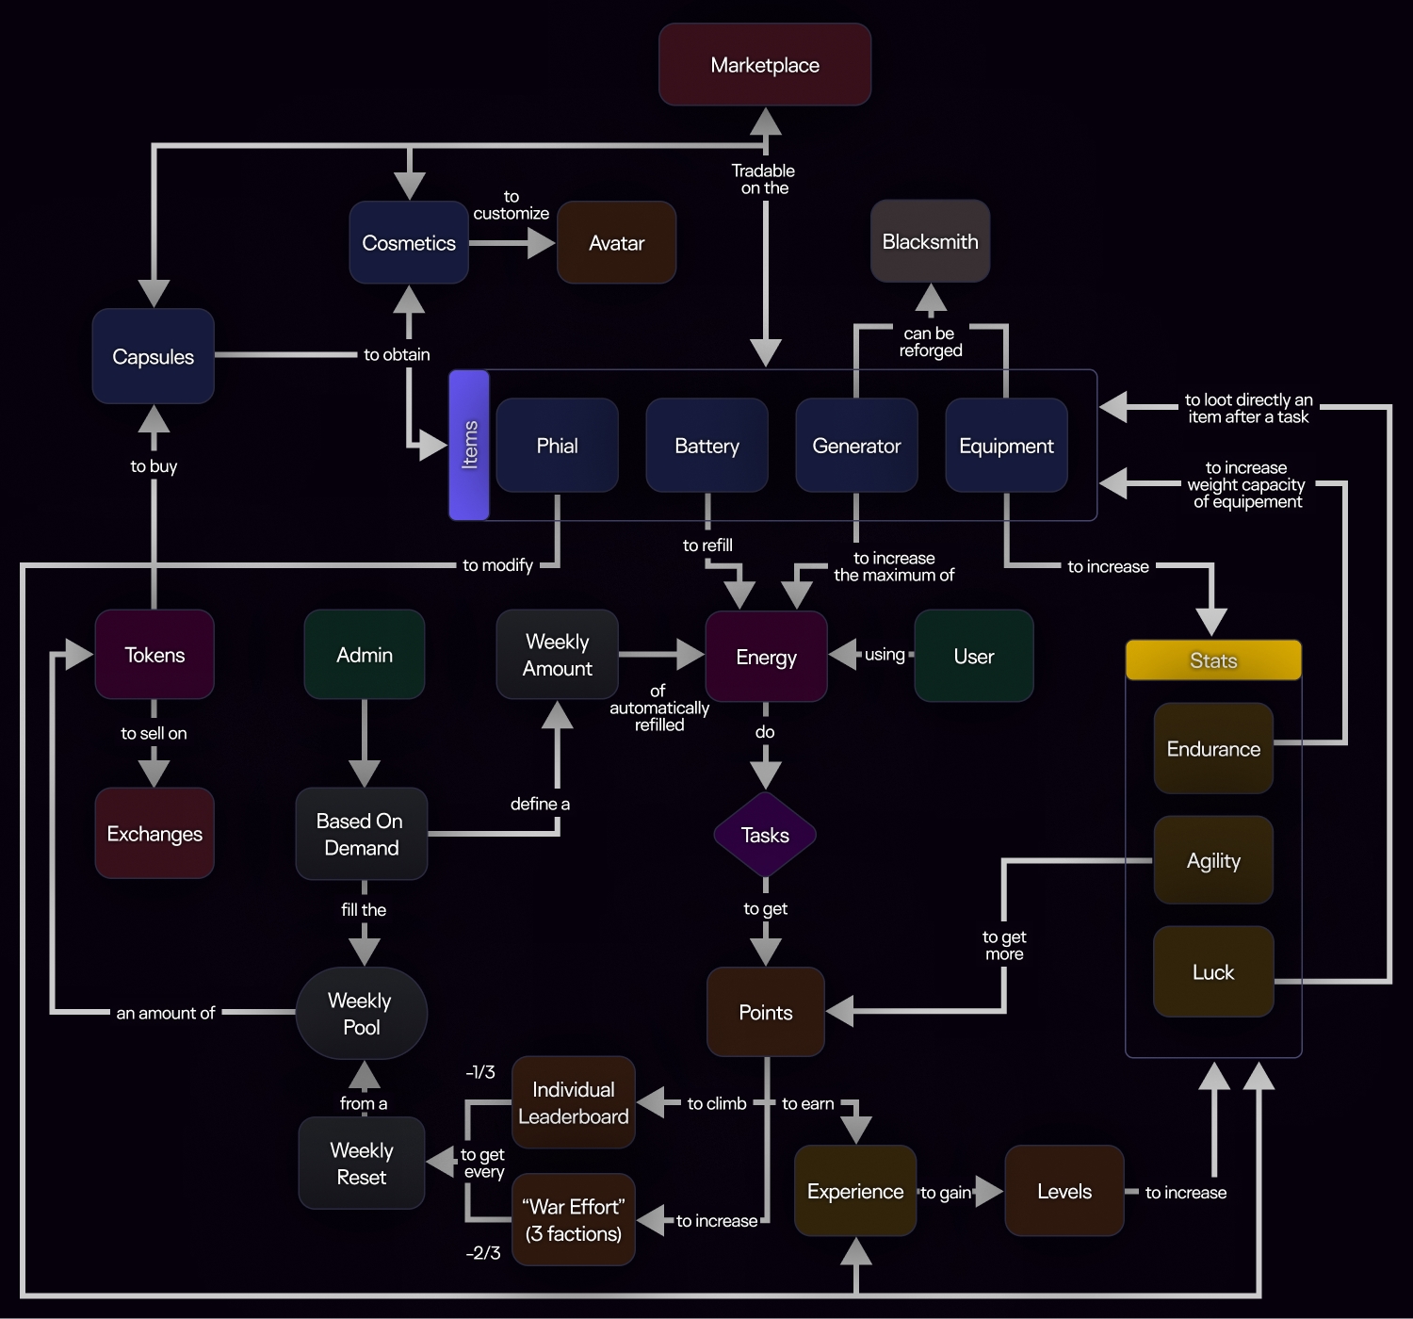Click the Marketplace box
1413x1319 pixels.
[x=765, y=65]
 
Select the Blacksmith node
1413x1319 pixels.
[x=930, y=241]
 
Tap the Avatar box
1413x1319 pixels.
[x=616, y=243]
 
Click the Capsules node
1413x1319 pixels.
[x=153, y=356]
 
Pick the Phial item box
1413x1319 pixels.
[x=557, y=446]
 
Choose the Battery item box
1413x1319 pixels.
[x=706, y=446]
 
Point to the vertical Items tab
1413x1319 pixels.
[x=469, y=445]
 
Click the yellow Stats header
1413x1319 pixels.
[x=1213, y=660]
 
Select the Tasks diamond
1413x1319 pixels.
[x=765, y=835]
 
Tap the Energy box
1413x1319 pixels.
[x=766, y=657]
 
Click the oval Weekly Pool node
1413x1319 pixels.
[x=361, y=1013]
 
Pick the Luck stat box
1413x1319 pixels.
[x=1213, y=972]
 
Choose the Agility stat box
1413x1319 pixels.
[x=1213, y=860]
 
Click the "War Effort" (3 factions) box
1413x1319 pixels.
[x=573, y=1219]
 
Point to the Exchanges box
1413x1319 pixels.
[x=154, y=834]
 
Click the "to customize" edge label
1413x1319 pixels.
[x=511, y=205]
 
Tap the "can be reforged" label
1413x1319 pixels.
[x=930, y=342]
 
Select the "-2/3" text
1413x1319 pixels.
[x=482, y=1253]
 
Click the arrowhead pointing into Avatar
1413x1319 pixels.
[x=541, y=243]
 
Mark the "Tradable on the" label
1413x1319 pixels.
[x=764, y=179]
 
